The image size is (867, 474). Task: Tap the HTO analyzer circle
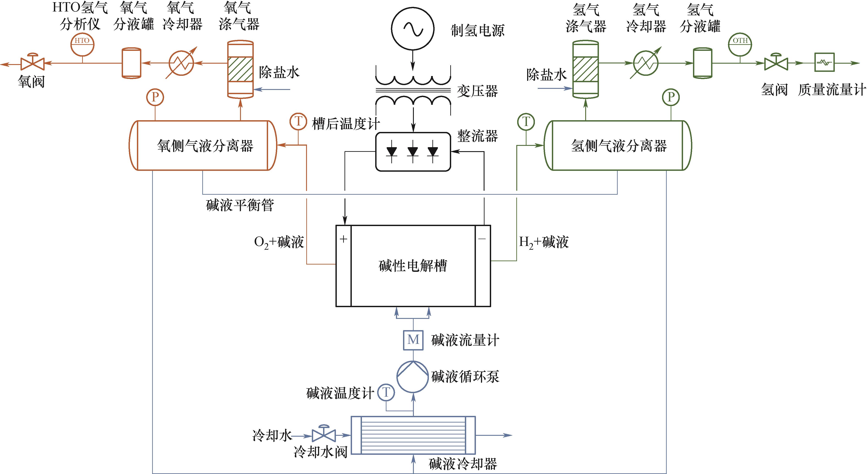click(82, 44)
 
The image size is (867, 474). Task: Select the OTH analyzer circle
click(740, 44)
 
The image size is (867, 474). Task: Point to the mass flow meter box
click(824, 62)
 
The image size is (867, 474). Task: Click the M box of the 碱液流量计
click(413, 340)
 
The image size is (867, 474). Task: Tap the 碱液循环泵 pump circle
click(413, 377)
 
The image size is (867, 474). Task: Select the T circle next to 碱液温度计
click(386, 392)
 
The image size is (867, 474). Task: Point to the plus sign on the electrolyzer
click(344, 239)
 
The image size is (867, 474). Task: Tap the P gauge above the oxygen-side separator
click(155, 97)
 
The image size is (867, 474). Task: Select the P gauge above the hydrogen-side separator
click(671, 97)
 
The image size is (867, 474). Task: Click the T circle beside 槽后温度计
click(298, 122)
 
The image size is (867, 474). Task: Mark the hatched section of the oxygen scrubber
click(240, 69)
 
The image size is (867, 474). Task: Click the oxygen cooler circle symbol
click(181, 63)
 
